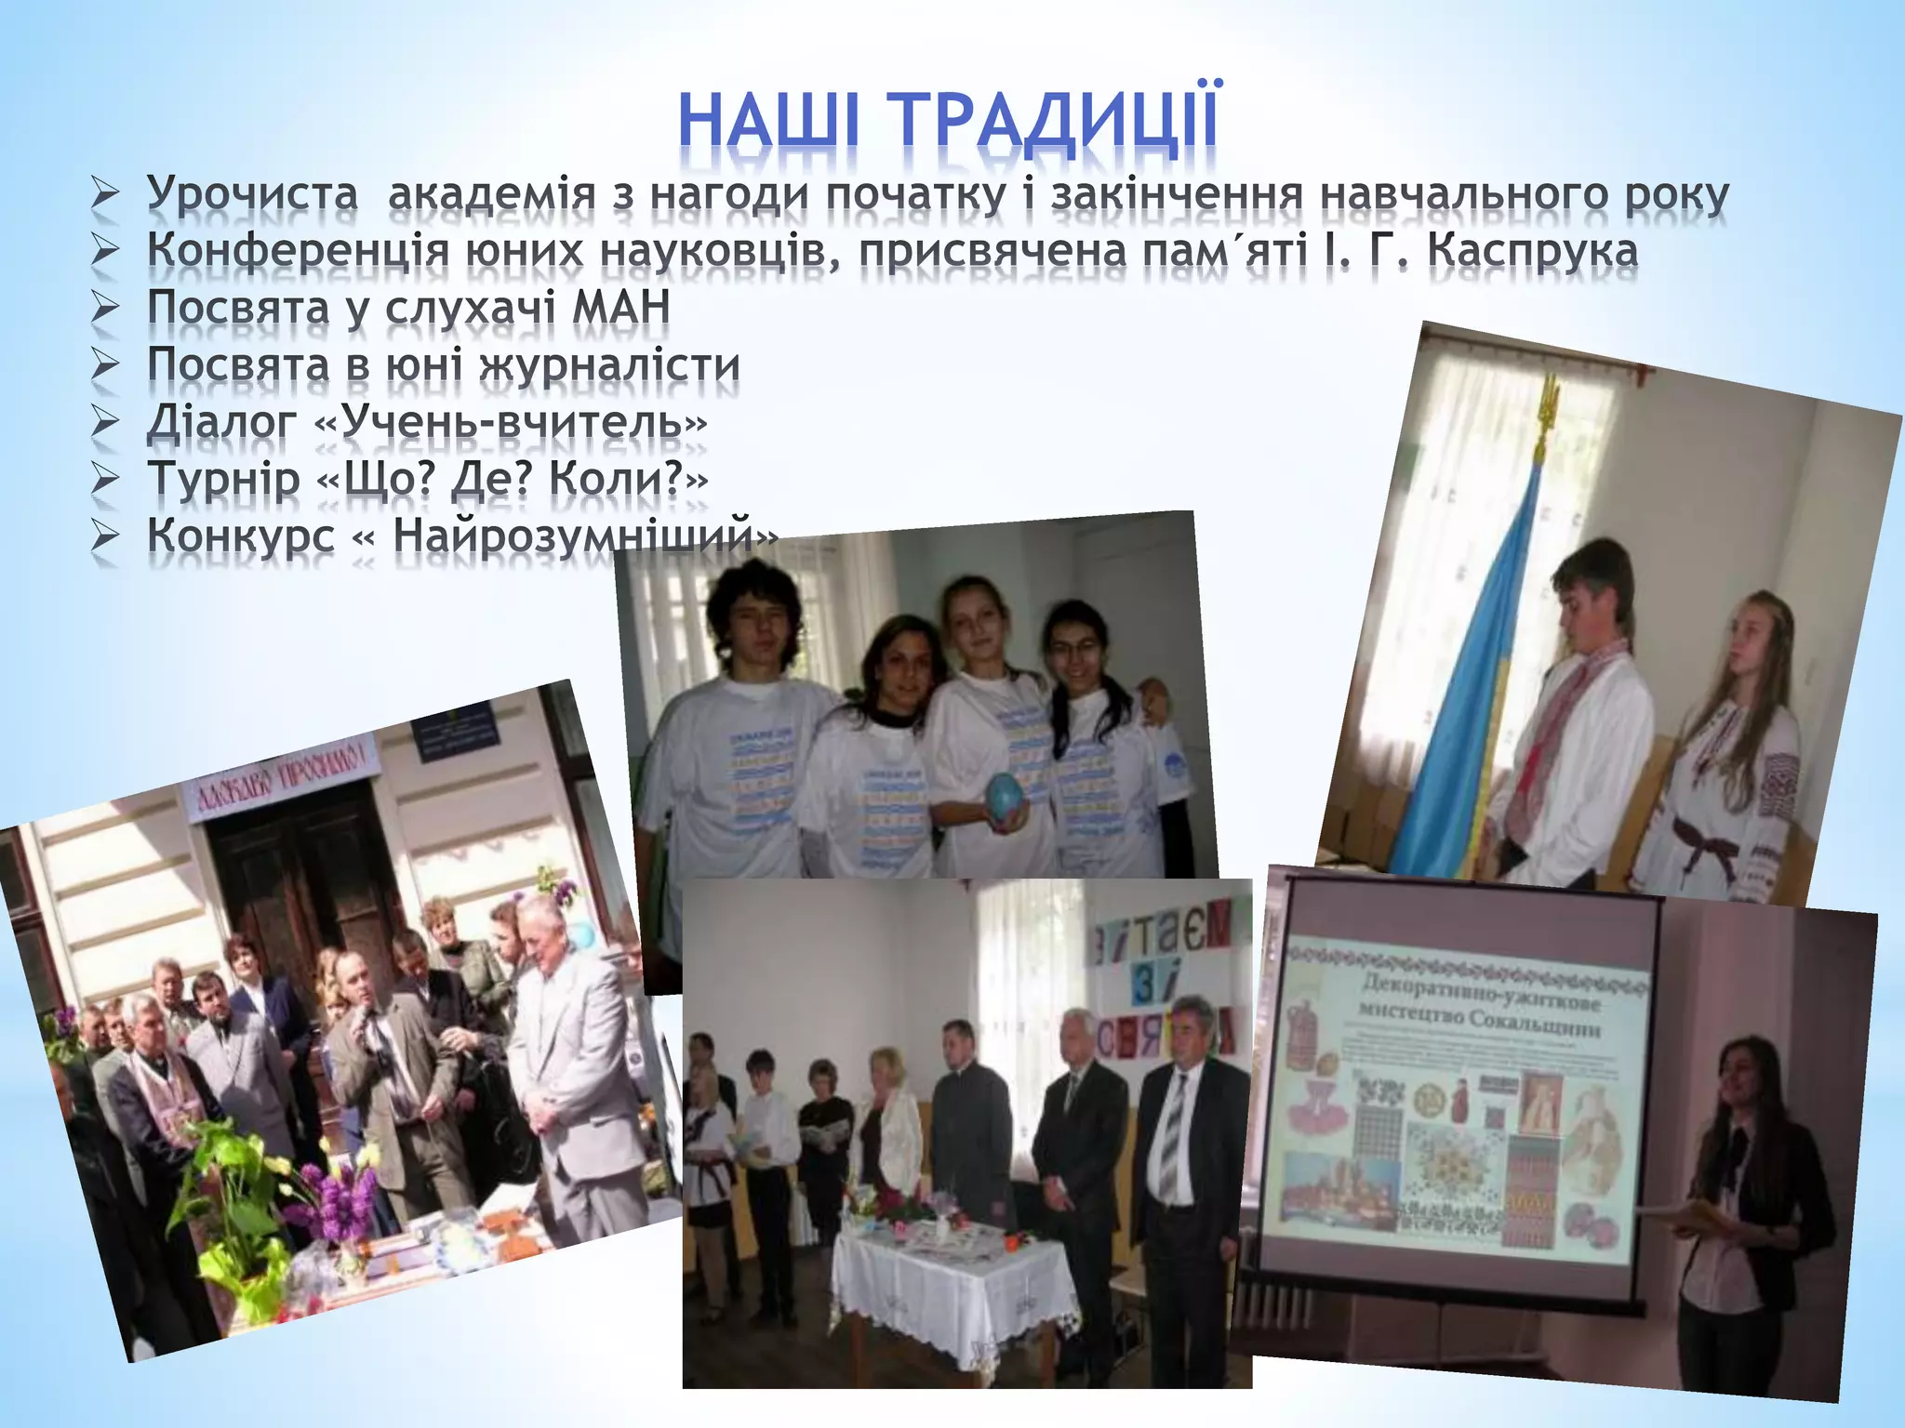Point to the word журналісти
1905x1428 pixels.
[x=609, y=364]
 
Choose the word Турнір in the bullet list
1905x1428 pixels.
[x=224, y=479]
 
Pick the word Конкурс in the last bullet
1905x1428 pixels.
[x=241, y=535]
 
